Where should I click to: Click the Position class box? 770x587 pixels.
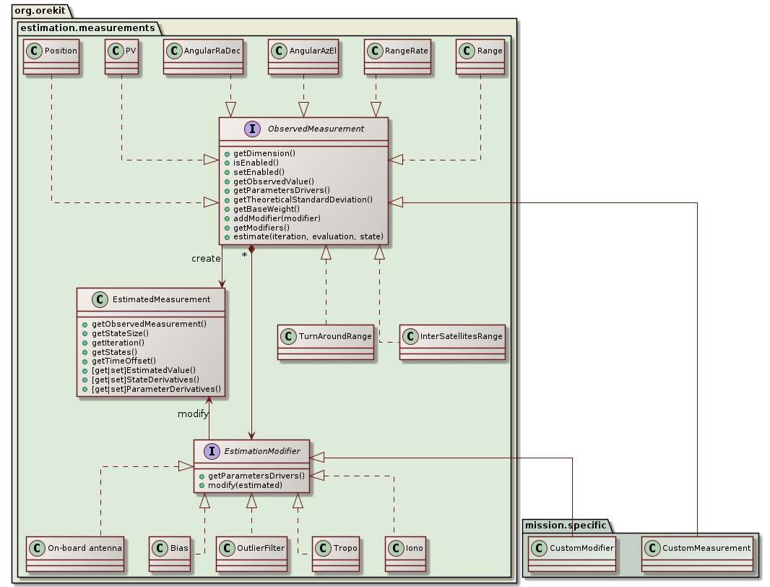pos(51,56)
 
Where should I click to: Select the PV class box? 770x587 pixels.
pos(121,56)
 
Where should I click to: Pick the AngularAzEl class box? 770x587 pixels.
pos(303,56)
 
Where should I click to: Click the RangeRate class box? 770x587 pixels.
pos(398,56)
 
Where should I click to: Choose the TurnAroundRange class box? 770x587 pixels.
pos(326,342)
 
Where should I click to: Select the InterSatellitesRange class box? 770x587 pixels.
pos(451,342)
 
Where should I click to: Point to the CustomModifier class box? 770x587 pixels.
pos(571,554)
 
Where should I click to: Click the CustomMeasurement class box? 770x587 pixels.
pos(697,554)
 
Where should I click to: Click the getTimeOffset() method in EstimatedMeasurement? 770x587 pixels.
pos(124,360)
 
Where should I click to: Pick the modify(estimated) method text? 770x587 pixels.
pos(246,486)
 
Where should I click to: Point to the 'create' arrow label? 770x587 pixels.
pos(206,259)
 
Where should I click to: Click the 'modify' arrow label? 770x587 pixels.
pos(193,414)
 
